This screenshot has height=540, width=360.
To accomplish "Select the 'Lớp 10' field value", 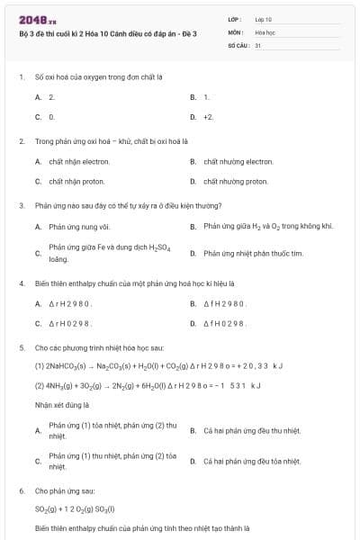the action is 264,19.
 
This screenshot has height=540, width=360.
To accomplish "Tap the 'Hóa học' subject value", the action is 265,31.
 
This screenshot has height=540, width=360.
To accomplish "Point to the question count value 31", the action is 258,44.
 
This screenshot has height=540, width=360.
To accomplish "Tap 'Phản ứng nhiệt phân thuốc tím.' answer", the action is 253,253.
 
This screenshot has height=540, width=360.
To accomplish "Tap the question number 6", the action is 21,491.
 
